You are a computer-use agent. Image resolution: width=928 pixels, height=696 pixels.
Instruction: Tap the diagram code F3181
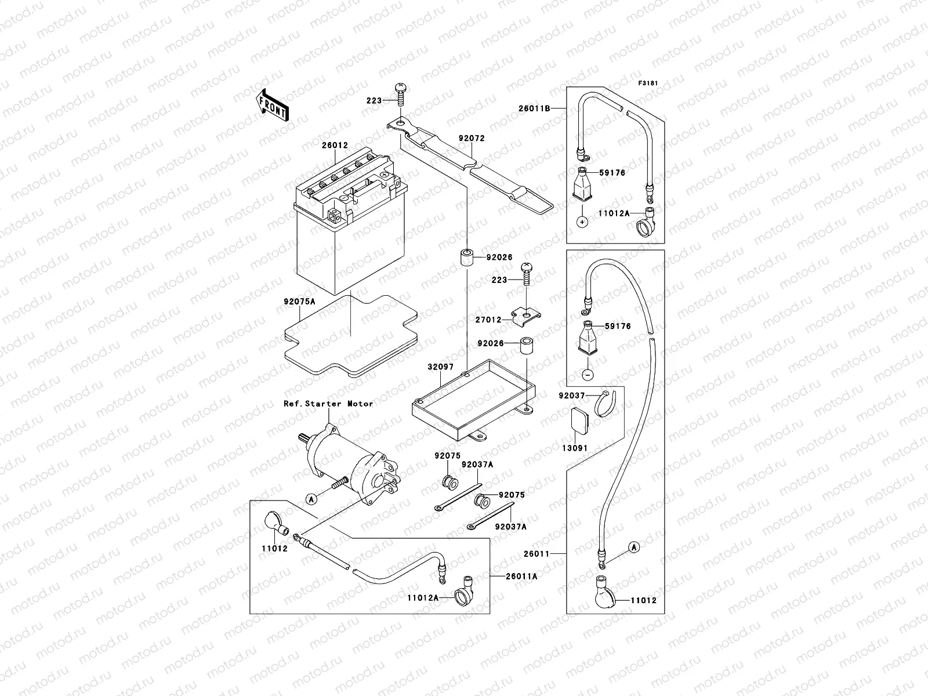[x=649, y=84]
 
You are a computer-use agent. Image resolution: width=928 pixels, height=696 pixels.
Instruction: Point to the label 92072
[x=471, y=139]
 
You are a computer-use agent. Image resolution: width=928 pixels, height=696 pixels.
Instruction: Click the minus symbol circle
[x=588, y=374]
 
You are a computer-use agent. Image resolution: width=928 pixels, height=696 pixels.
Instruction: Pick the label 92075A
[x=299, y=302]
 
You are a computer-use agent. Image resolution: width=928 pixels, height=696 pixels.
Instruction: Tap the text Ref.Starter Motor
[x=328, y=403]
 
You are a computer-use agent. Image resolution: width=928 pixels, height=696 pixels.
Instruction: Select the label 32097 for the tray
[x=441, y=367]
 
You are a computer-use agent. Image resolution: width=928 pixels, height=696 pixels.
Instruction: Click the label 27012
[x=488, y=320]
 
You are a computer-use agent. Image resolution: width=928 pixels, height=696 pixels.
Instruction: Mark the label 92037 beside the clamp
[x=571, y=396]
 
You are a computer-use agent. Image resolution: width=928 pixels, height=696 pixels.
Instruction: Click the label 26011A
[x=521, y=576]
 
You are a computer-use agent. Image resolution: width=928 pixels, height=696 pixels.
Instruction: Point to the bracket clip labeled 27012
[x=526, y=316]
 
